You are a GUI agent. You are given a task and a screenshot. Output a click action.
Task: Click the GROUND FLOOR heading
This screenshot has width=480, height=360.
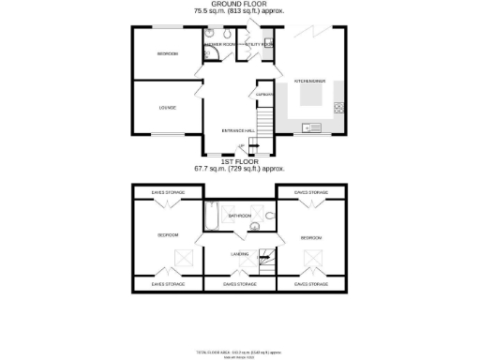point(238,5)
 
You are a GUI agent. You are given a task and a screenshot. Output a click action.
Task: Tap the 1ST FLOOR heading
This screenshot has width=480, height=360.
point(238,161)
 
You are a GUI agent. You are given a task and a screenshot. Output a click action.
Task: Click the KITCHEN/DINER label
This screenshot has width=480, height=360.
point(309,82)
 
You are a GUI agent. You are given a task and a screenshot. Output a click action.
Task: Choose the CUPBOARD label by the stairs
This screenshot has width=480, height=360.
point(263,94)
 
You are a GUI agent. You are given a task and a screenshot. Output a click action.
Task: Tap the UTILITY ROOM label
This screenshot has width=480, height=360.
point(259,44)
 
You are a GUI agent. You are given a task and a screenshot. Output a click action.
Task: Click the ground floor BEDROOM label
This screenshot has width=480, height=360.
point(168,53)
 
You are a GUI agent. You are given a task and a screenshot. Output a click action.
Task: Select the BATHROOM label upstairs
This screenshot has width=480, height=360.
point(239,216)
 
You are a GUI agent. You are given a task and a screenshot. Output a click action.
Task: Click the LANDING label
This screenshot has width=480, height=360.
point(239,253)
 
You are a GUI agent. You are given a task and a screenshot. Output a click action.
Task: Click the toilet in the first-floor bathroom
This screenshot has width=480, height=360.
point(270,219)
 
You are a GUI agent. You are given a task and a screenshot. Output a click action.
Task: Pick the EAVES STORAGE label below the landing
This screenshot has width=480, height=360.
point(239,283)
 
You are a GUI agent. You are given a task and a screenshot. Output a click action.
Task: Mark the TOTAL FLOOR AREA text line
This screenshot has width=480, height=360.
point(239,351)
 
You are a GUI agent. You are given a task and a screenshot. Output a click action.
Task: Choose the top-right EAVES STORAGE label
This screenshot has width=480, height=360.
point(310,192)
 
